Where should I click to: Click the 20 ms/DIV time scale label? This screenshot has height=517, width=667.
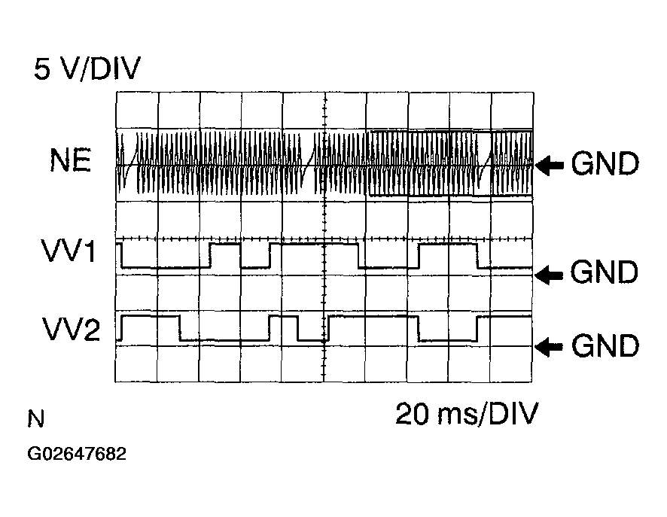click(x=467, y=414)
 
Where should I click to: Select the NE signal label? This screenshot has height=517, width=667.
click(x=71, y=160)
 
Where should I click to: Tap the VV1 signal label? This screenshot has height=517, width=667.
click(x=68, y=251)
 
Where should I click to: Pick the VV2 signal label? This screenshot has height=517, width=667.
click(x=71, y=329)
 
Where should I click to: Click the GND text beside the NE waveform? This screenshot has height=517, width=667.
click(x=605, y=163)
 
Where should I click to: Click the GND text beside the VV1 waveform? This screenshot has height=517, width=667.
click(x=604, y=272)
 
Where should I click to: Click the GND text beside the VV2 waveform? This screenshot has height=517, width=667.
click(x=605, y=345)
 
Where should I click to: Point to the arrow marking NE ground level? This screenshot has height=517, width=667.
click(x=549, y=165)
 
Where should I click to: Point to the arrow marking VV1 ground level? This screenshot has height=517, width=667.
click(x=549, y=274)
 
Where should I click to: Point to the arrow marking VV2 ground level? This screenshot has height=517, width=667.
click(x=549, y=347)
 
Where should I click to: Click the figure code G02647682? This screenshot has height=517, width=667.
click(x=77, y=454)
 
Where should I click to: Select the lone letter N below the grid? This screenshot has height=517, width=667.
click(x=35, y=418)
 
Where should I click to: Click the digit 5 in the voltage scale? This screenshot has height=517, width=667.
click(x=42, y=68)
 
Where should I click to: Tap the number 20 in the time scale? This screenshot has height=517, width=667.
click(x=412, y=414)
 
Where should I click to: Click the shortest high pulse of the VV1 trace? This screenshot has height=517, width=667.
click(x=225, y=244)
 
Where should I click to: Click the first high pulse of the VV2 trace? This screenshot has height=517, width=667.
click(x=150, y=316)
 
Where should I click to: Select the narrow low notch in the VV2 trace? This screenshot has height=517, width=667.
click(x=312, y=340)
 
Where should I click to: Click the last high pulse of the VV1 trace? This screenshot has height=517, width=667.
click(x=448, y=244)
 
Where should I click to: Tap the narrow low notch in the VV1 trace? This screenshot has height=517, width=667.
click(x=255, y=267)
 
